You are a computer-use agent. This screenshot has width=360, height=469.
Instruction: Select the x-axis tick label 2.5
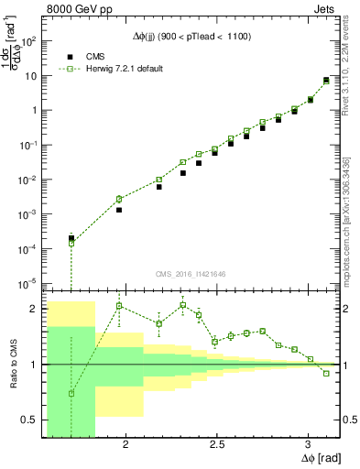pos(217,444)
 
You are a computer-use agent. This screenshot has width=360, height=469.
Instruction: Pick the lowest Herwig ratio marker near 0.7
pos(71,393)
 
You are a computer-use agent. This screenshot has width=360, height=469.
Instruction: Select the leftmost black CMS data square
pos(71,238)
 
